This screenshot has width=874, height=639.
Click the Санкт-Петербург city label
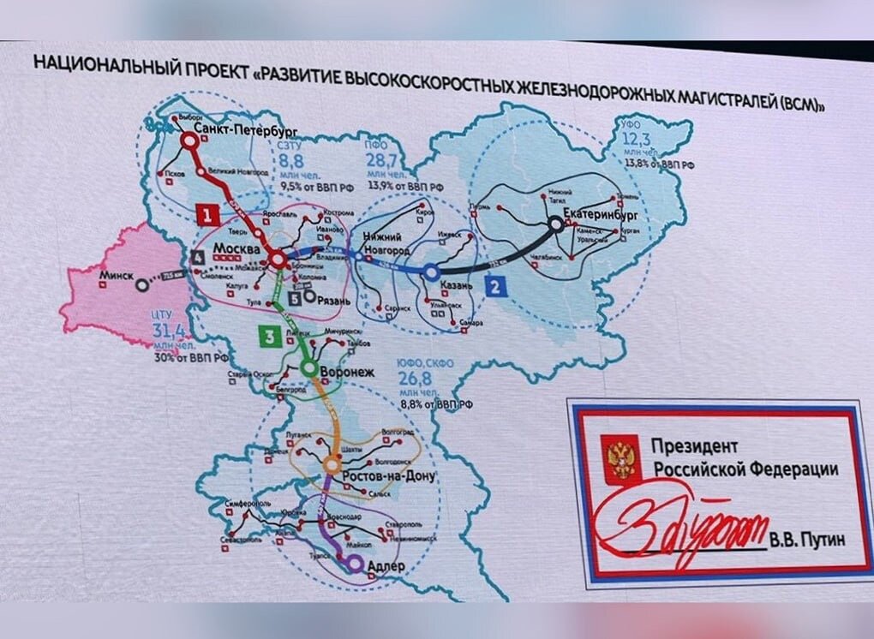point(245,128)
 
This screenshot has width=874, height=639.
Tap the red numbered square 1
point(207,212)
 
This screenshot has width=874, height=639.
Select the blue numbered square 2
point(494,287)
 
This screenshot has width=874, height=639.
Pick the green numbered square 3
point(269,337)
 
